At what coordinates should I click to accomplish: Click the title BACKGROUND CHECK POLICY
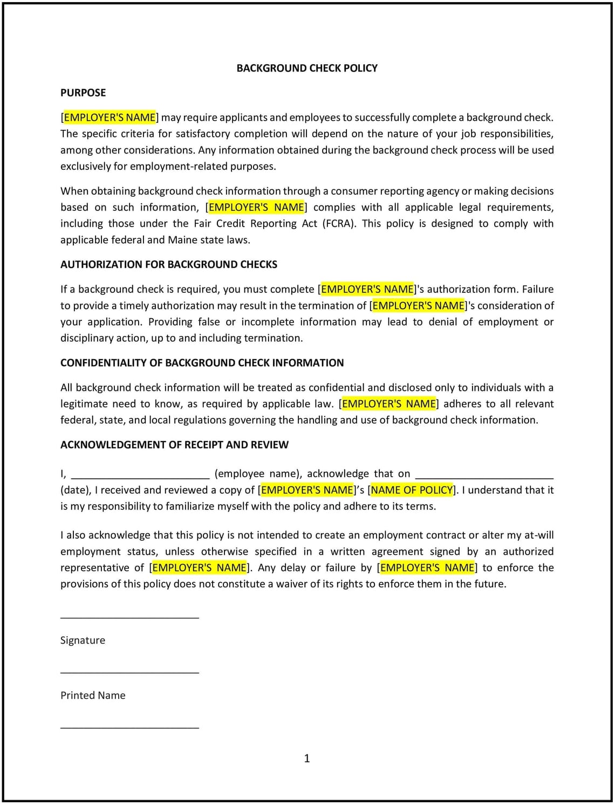pyautogui.click(x=307, y=68)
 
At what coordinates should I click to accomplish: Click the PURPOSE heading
pyautogui.click(x=83, y=93)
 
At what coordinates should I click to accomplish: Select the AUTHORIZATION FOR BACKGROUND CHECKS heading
pyautogui.click(x=169, y=264)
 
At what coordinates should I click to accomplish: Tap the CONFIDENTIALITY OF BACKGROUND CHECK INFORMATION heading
pyautogui.click(x=202, y=363)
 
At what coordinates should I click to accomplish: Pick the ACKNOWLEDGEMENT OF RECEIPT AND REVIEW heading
pyautogui.click(x=174, y=445)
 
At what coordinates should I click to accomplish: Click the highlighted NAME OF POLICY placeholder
pyautogui.click(x=412, y=490)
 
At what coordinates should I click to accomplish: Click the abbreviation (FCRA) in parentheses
pyautogui.click(x=339, y=224)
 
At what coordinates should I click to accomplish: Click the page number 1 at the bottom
pyautogui.click(x=307, y=759)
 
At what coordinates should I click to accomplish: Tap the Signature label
pyautogui.click(x=83, y=641)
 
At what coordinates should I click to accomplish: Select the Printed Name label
pyautogui.click(x=93, y=696)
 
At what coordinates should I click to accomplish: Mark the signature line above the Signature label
pyautogui.click(x=129, y=617)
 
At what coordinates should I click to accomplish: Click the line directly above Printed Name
pyautogui.click(x=129, y=672)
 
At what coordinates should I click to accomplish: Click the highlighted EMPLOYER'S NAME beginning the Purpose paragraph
pyautogui.click(x=110, y=118)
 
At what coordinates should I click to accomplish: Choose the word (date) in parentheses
pyautogui.click(x=74, y=490)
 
